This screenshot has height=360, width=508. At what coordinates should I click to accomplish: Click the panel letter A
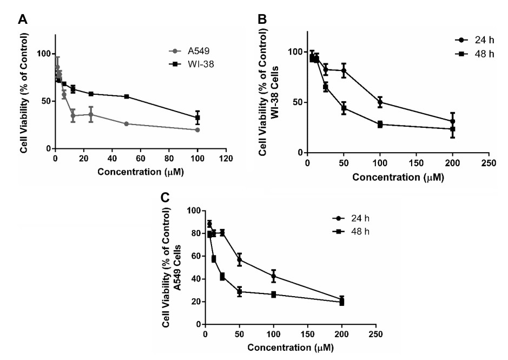coord(23,20)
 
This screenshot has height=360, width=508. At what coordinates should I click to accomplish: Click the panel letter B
coord(262,19)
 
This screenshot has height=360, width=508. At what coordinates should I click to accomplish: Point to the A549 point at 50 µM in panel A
coord(126,124)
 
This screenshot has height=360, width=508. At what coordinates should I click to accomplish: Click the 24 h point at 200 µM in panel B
coord(452,121)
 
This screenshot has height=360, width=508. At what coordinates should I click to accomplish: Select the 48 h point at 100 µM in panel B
coord(380,125)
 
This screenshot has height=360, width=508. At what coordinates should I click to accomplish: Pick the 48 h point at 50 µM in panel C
coord(239,292)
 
